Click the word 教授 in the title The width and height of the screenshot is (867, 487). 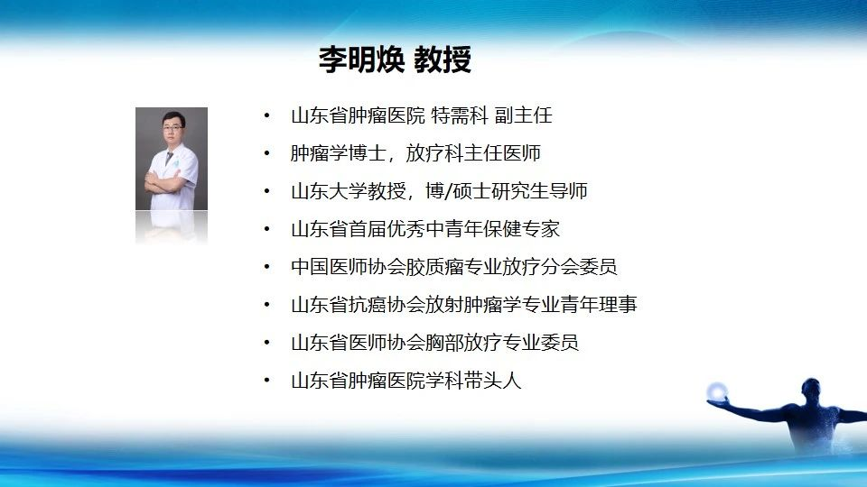[x=443, y=60]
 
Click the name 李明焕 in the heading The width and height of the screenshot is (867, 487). [x=361, y=60]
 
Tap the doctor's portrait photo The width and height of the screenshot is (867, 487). [x=172, y=159]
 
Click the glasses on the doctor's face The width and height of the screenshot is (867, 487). [x=173, y=127]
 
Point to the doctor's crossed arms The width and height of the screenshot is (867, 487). [x=163, y=183]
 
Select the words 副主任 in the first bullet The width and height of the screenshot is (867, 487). [x=523, y=115]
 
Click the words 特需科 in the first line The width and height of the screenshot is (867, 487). [x=460, y=115]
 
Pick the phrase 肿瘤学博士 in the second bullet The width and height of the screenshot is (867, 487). [x=339, y=153]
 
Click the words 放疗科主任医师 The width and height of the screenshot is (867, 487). [x=473, y=153]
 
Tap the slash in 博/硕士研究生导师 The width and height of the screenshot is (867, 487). [x=449, y=191]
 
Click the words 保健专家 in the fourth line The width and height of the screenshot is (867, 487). [x=521, y=228]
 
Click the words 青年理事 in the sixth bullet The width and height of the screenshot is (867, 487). [x=599, y=304]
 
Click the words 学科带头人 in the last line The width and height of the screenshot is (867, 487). [x=473, y=381]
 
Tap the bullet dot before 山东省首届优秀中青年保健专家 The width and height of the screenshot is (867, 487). [x=267, y=228]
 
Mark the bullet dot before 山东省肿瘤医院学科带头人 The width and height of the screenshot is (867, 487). [x=267, y=381]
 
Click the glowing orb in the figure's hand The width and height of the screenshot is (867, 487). [x=717, y=391]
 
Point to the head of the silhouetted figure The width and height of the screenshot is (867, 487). [x=811, y=388]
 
